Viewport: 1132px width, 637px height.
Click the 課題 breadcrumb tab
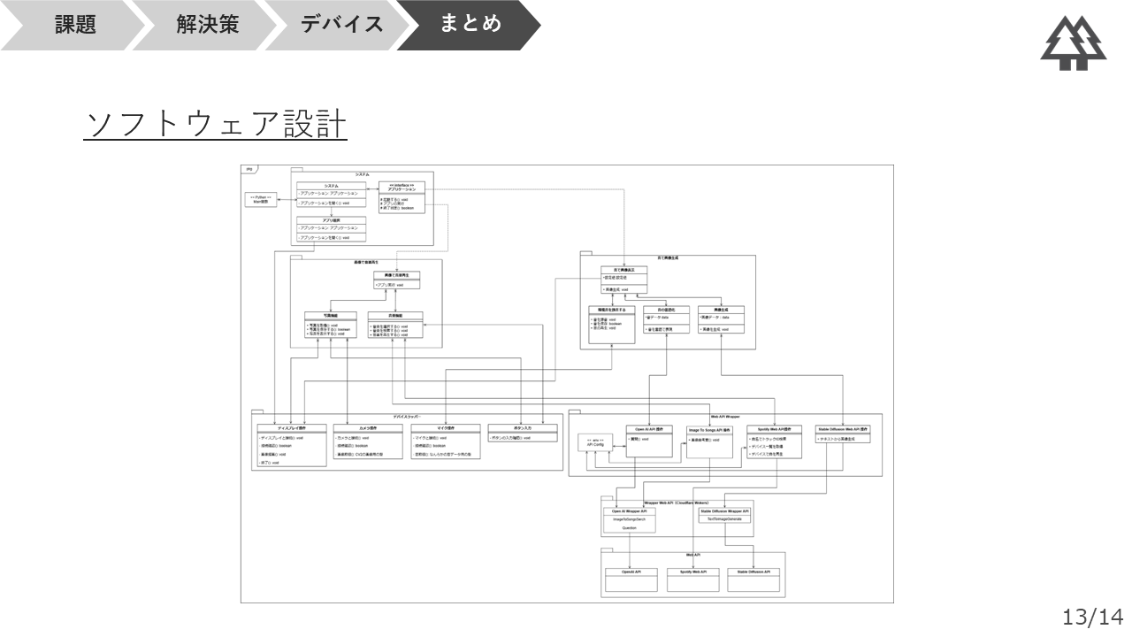(75, 25)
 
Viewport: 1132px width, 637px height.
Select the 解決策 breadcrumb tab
(207, 25)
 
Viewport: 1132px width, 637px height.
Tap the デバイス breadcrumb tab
(342, 25)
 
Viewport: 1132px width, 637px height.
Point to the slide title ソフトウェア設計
(216, 125)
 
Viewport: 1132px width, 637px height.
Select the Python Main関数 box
(260, 199)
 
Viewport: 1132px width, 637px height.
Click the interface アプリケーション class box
(401, 196)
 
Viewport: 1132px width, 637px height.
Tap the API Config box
(594, 443)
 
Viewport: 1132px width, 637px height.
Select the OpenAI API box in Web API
(630, 579)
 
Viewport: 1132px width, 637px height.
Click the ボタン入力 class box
(522, 433)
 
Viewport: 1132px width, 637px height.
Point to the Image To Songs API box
(709, 441)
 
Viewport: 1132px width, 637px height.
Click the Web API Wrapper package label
(725, 415)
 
